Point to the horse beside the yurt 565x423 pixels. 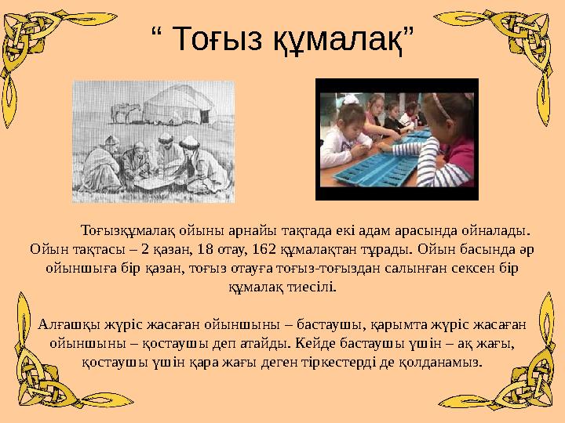click(x=121, y=113)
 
